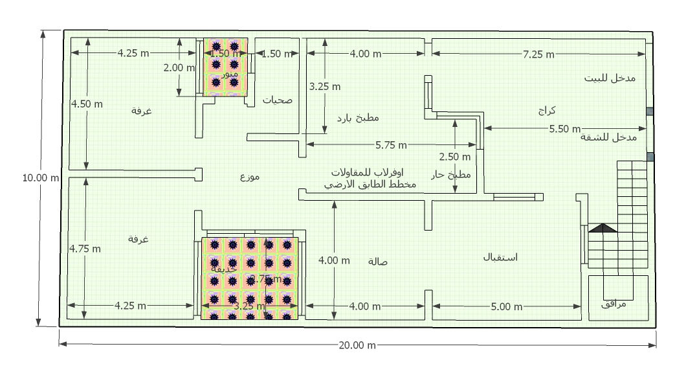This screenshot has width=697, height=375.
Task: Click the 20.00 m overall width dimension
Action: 357,345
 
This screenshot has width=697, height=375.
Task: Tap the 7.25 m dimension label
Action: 538,54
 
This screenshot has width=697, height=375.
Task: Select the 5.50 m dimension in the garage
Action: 565,129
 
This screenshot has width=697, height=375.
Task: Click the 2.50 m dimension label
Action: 455,157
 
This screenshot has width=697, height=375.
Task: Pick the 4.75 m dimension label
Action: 85,248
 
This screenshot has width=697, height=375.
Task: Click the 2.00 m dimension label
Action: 179,67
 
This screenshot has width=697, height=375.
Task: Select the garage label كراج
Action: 546,111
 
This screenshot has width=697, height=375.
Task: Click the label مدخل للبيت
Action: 610,78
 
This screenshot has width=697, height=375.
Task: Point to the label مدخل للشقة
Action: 609,137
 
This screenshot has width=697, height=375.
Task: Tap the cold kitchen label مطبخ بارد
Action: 358,118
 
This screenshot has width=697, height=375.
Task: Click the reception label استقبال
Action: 500,257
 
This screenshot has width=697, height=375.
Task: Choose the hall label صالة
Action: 377,261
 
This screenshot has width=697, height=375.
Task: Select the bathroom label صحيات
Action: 277,100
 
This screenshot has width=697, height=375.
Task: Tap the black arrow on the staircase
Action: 603,228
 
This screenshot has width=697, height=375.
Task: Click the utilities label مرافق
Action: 615,304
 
